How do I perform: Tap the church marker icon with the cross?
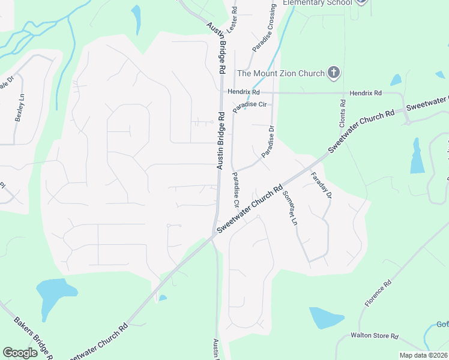(334, 74)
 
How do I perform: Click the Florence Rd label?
(378, 293)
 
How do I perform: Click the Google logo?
(20, 353)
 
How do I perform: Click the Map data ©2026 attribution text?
(423, 355)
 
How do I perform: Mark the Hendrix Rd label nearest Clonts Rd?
(366, 94)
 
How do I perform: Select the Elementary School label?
(316, 2)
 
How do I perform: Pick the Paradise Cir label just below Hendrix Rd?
(250, 104)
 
